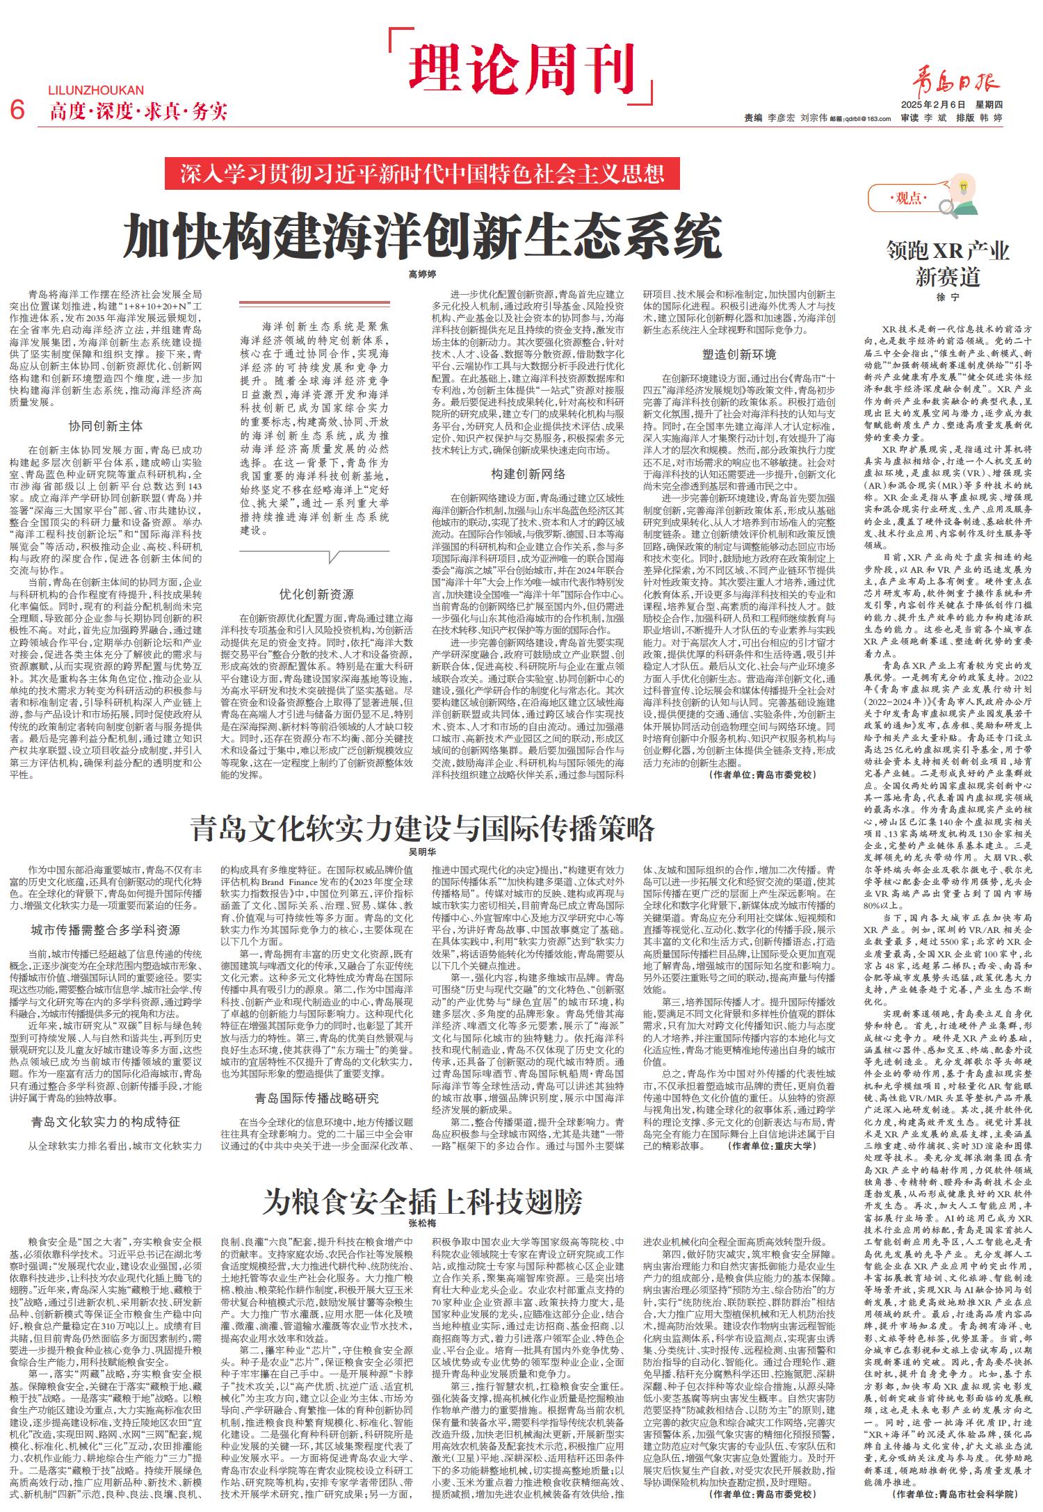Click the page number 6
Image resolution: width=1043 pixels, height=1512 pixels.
pyautogui.click(x=17, y=110)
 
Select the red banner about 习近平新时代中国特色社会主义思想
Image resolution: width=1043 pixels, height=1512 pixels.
pyautogui.click(x=423, y=174)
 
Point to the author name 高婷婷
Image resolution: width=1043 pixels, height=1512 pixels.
pyautogui.click(x=422, y=275)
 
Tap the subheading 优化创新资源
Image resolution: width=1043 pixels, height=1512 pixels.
pyautogui.click(x=316, y=594)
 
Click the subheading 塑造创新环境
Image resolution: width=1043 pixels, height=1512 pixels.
pyautogui.click(x=738, y=355)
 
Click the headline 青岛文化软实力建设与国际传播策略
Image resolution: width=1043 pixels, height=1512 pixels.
pyautogui.click(x=423, y=828)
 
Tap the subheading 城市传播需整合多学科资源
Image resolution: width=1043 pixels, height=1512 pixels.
pyautogui.click(x=106, y=929)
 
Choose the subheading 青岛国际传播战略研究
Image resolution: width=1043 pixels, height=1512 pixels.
pyautogui.click(x=316, y=1098)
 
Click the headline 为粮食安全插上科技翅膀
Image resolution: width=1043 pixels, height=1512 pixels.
pyautogui.click(x=423, y=1201)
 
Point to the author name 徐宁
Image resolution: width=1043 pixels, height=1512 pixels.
pyautogui.click(x=946, y=297)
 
